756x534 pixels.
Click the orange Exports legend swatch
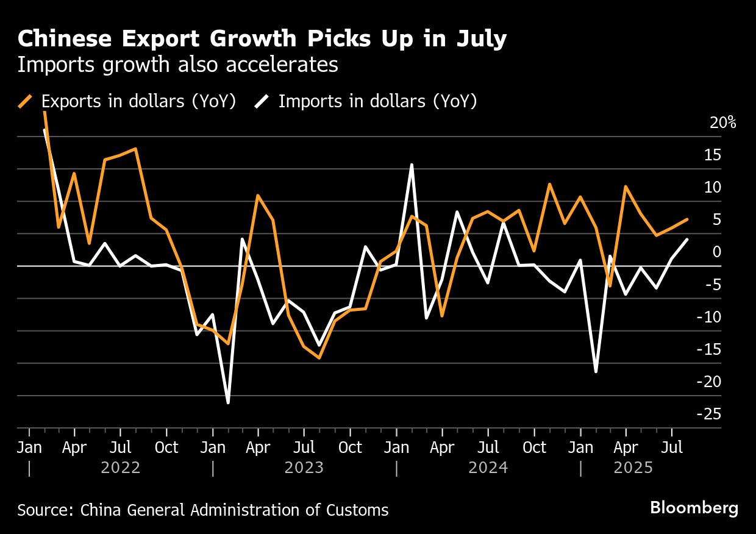pos(26,101)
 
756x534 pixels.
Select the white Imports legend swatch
pos(262,101)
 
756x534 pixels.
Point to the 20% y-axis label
pos(723,123)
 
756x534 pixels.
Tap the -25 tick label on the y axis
pos(709,415)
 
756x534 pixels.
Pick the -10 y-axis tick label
pos(709,317)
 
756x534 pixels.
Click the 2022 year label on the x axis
pos(121,468)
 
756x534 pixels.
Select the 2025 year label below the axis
pos(633,468)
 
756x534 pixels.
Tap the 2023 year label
pos(304,468)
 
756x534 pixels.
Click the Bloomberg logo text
pos(694,508)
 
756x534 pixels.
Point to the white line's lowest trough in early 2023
pos(228,402)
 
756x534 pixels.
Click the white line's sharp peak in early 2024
pos(412,165)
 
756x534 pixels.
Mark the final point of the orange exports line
pos(688,219)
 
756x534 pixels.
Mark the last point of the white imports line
pos(688,240)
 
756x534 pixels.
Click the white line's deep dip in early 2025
pos(596,371)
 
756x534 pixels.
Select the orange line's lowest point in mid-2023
pos(319,358)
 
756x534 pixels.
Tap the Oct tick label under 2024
pos(534,447)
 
